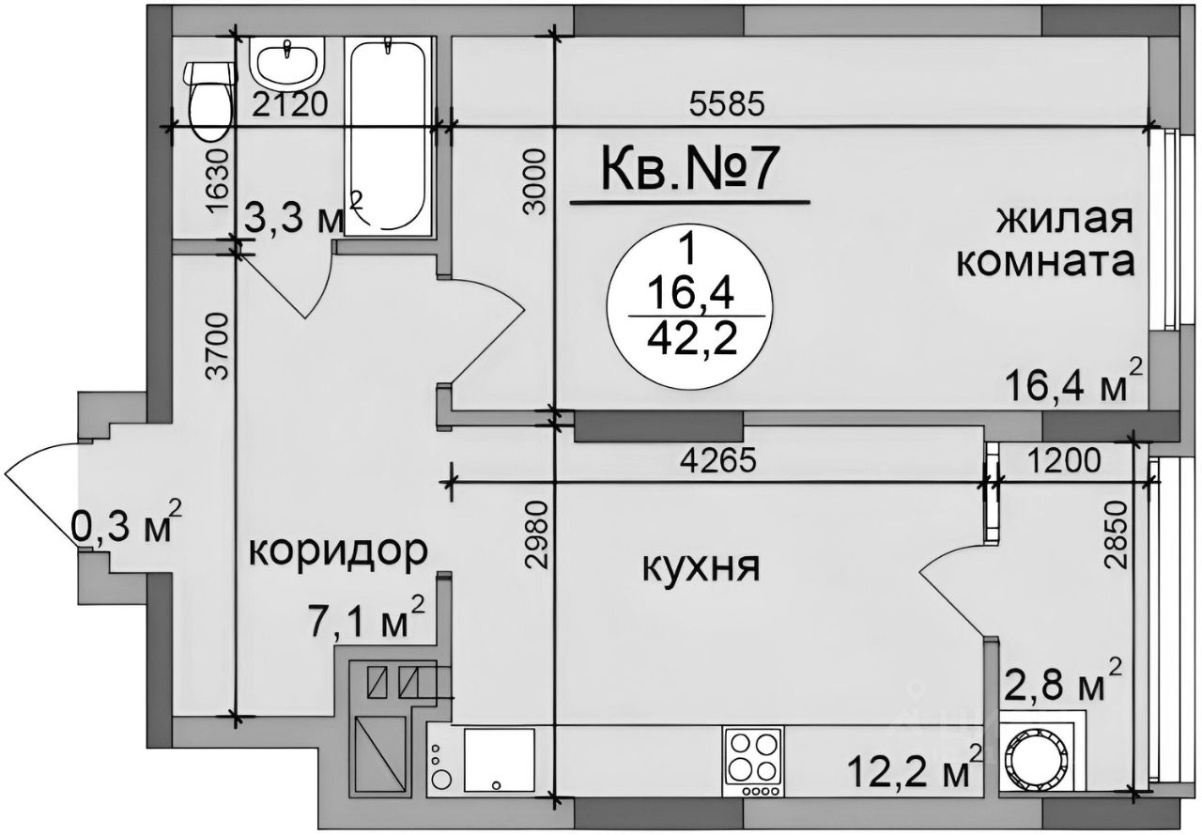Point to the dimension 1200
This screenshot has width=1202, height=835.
point(1066,461)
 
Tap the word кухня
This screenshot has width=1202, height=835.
point(700,566)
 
